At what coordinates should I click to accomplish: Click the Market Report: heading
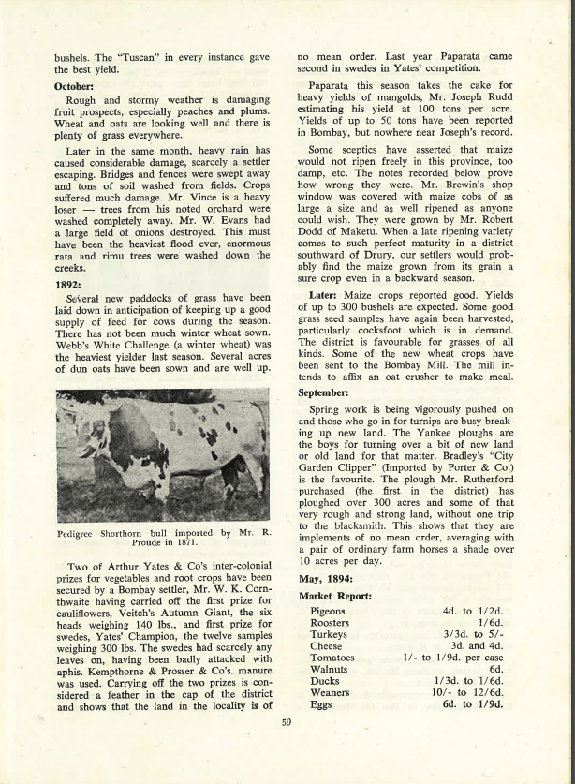[335, 596]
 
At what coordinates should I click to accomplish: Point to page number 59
[287, 721]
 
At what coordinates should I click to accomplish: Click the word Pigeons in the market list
[328, 612]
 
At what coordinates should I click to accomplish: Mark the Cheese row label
[326, 646]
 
